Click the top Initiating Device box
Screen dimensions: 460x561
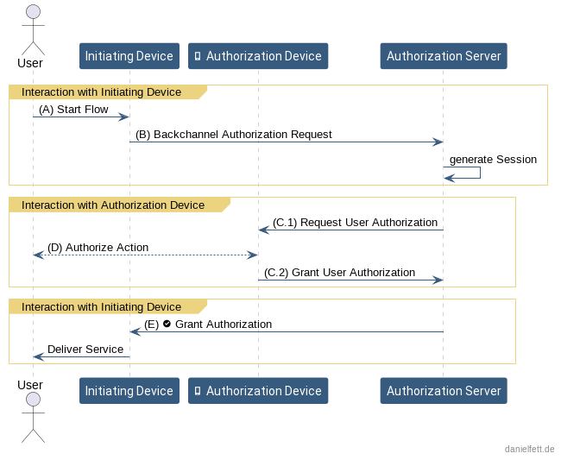point(129,56)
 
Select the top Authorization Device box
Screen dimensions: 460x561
point(257,56)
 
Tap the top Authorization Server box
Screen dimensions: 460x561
point(443,56)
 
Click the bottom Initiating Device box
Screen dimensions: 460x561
point(129,391)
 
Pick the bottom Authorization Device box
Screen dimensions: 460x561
point(257,391)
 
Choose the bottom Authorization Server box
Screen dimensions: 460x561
point(443,391)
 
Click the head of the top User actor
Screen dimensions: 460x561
point(33,11)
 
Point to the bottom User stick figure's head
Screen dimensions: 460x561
point(33,399)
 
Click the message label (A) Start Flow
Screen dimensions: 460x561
point(73,110)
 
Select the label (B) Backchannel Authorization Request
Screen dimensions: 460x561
point(233,135)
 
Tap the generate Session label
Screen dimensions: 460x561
point(493,160)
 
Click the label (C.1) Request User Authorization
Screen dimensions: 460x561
point(355,223)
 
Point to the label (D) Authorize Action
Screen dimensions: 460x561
point(98,248)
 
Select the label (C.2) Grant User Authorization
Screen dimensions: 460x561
point(339,273)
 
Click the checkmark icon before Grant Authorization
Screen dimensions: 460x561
point(167,324)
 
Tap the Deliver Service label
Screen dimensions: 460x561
point(85,350)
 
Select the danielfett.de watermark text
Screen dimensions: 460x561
point(529,450)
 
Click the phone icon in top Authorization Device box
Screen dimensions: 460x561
point(198,56)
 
